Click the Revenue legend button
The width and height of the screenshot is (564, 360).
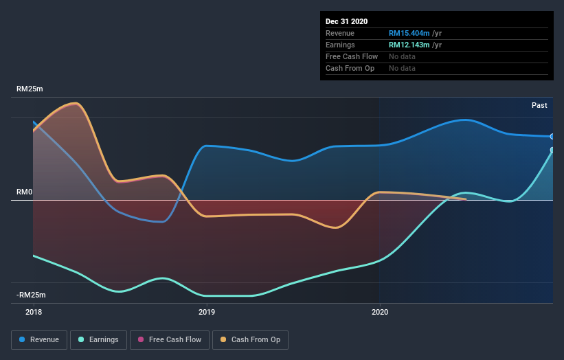click(40, 339)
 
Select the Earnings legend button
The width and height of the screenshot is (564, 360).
click(99, 339)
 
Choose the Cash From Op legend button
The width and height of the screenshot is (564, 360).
click(250, 339)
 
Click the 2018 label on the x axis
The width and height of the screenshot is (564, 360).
click(33, 312)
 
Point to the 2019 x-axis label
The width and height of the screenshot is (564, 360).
click(206, 312)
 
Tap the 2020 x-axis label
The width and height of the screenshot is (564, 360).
click(379, 312)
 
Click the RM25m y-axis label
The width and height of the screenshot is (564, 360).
click(30, 89)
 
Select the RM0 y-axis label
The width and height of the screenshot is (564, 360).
click(25, 192)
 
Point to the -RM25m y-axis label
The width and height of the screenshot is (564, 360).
click(32, 295)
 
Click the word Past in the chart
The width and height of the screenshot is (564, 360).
click(539, 105)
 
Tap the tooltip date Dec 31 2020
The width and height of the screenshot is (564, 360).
click(347, 21)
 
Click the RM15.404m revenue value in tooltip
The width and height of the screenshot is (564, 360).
click(409, 33)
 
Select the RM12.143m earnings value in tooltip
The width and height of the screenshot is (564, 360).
click(409, 45)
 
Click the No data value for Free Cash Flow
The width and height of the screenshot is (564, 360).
click(402, 56)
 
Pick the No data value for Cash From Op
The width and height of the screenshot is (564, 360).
click(402, 68)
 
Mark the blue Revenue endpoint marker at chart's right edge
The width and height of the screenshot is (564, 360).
click(552, 137)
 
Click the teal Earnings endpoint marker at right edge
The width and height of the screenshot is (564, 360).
click(552, 150)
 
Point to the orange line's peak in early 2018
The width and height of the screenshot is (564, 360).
click(75, 103)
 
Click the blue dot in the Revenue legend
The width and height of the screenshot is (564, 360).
click(23, 339)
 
